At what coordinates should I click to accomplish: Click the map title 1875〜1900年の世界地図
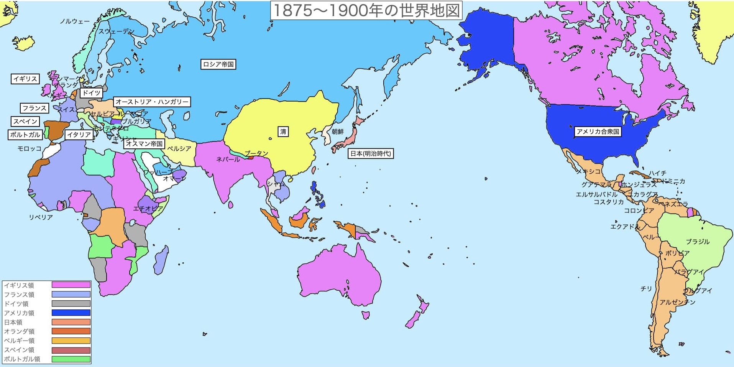(366, 10)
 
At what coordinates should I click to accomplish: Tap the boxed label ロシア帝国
(218, 64)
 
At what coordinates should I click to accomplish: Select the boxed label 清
(283, 132)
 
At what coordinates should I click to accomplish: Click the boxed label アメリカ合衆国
(598, 132)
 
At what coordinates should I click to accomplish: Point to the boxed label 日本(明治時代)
(371, 153)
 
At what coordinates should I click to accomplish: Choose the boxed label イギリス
(25, 79)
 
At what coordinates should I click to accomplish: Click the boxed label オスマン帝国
(144, 143)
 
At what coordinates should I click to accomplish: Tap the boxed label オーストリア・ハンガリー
(152, 102)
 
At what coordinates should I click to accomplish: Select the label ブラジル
(698, 242)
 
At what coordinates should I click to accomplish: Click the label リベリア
(41, 217)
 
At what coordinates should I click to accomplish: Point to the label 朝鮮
(338, 132)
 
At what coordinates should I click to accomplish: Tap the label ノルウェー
(75, 21)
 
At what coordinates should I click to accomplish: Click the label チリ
(646, 288)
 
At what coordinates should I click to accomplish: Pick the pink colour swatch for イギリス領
(71, 285)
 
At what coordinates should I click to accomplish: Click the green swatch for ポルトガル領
(71, 359)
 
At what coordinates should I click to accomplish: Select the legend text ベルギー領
(19, 341)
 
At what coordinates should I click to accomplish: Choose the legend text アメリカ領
(19, 313)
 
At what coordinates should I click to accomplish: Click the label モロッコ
(29, 148)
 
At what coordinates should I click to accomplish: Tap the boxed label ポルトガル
(25, 135)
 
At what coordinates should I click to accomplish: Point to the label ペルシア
(179, 148)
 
